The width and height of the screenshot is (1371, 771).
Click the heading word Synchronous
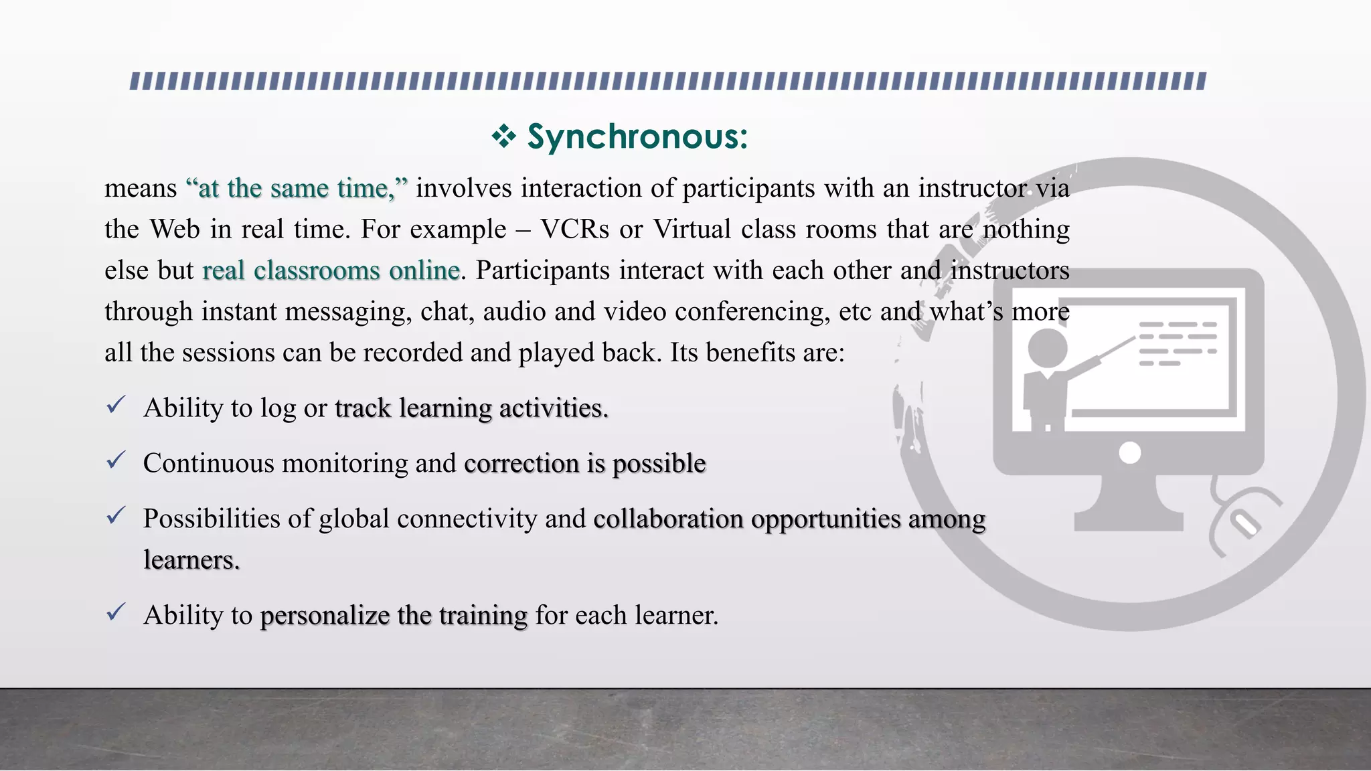[637, 137]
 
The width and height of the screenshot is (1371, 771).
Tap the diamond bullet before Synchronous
[503, 137]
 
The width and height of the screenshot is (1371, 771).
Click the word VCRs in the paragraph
[574, 230]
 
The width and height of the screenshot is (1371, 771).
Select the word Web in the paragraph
[175, 230]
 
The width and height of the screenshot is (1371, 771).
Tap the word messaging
[348, 312]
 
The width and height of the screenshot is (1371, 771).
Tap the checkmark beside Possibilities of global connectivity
[116, 515]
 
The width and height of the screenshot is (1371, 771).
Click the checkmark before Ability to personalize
[116, 612]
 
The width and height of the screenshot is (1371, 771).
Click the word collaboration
[667, 519]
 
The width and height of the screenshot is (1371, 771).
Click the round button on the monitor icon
[1130, 453]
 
